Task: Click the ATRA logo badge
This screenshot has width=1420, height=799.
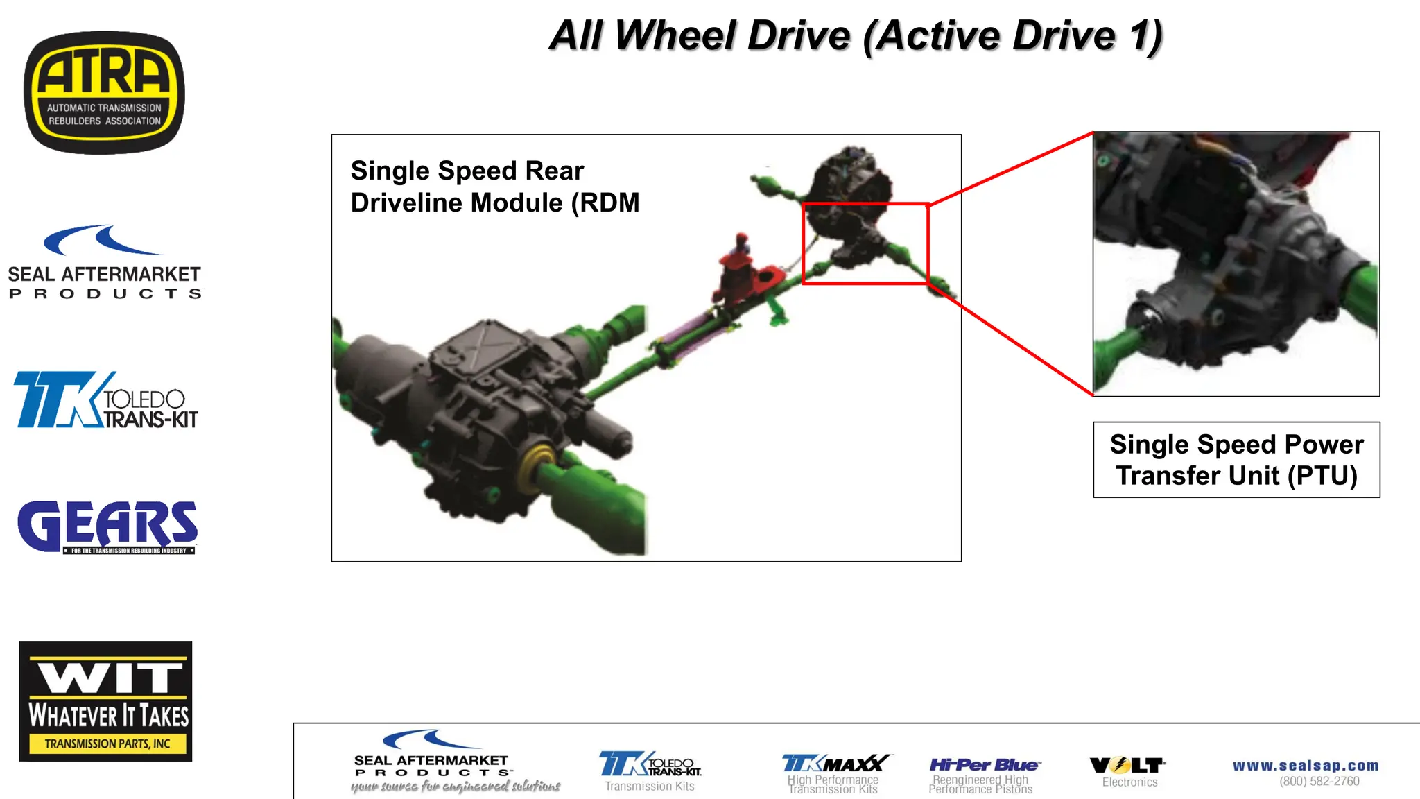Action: coord(104,92)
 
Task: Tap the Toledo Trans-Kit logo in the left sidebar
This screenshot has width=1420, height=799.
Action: coord(105,400)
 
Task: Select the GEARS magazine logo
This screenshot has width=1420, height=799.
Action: coord(107,527)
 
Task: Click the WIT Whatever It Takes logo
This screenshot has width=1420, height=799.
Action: coord(105,701)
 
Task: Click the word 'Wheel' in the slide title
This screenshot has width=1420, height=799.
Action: coord(731,36)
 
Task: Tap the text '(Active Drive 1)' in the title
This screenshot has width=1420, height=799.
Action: coord(1012,36)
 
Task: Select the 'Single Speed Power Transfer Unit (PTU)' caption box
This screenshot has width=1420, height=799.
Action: coord(1236,460)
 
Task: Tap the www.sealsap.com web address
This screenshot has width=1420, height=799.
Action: coord(1306,766)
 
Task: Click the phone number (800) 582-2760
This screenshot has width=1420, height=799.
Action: coord(1319,782)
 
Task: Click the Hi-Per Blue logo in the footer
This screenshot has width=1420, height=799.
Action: coord(984,765)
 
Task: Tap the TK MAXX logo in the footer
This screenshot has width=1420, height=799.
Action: coord(836,764)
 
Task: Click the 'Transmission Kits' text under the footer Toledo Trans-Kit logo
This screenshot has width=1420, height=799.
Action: coord(650,787)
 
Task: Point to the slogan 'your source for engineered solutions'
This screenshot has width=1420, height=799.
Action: coord(456,787)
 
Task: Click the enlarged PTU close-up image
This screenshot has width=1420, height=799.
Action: coord(1236,264)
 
